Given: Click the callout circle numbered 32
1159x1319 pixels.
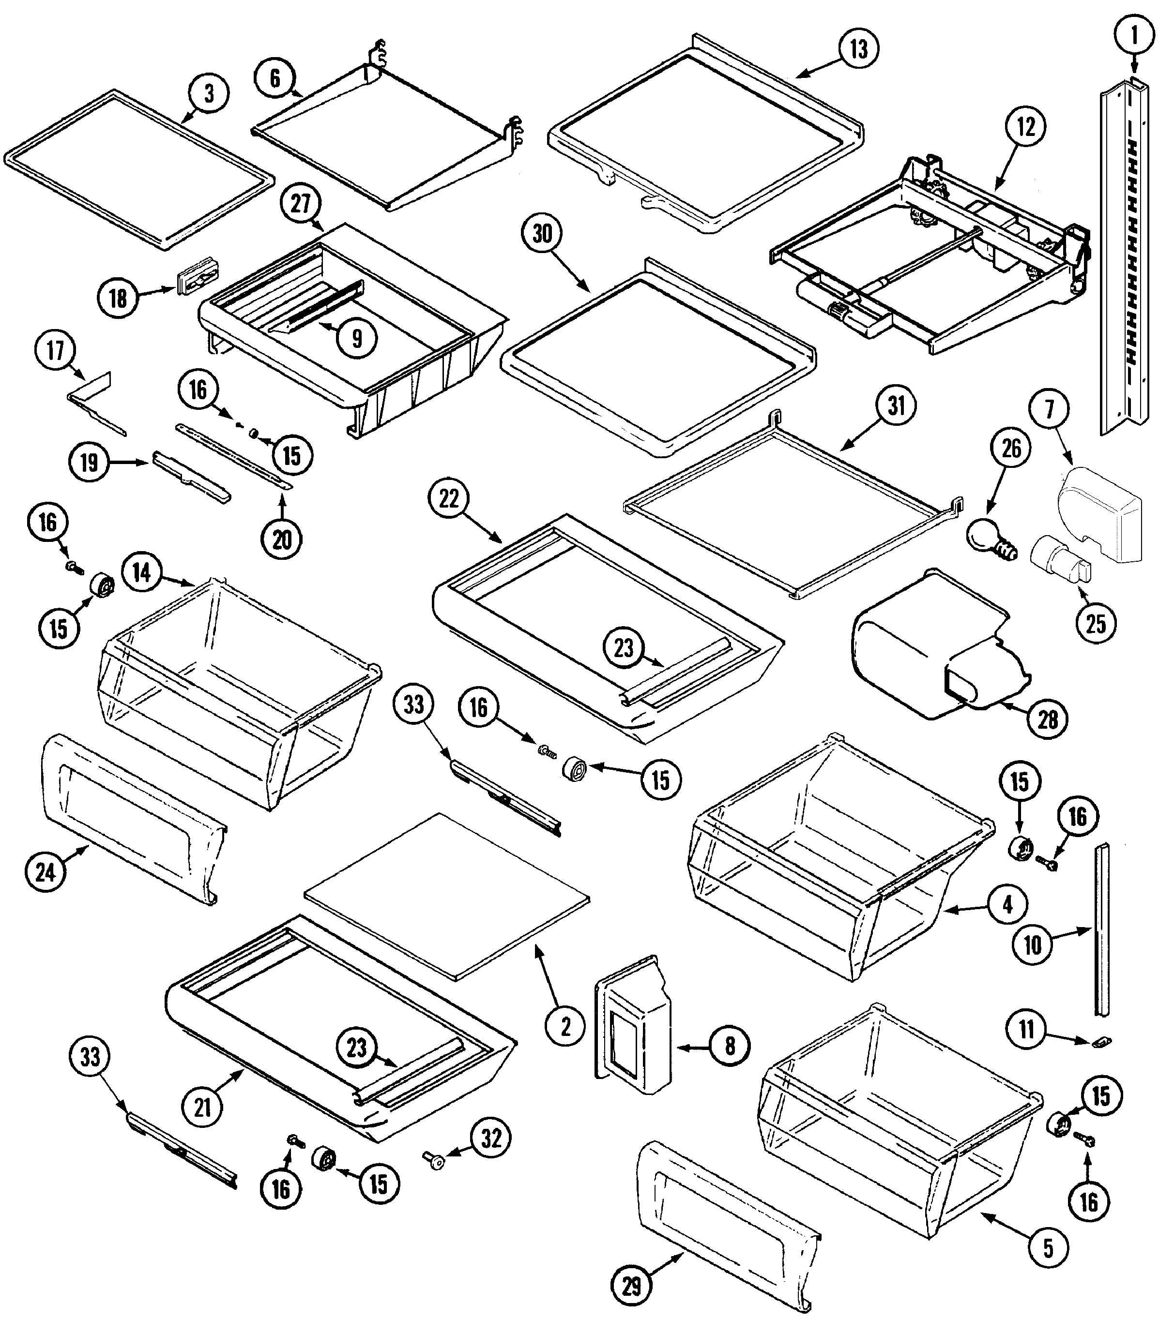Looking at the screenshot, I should point(491,1139).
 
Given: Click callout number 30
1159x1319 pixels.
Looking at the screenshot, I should point(542,234).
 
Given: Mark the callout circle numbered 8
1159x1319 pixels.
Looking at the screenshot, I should point(730,1046).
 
